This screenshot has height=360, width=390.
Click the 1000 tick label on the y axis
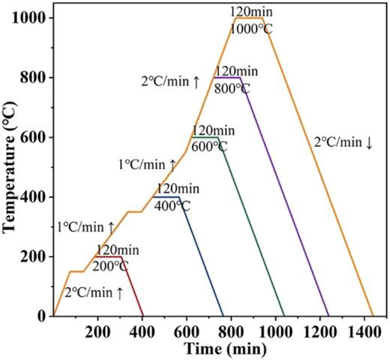click(31, 17)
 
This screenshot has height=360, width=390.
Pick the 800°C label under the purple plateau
click(229, 87)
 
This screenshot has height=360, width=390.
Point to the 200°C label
click(111, 265)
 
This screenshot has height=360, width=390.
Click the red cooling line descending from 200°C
click(132, 287)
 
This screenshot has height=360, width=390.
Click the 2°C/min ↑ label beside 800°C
click(170, 82)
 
